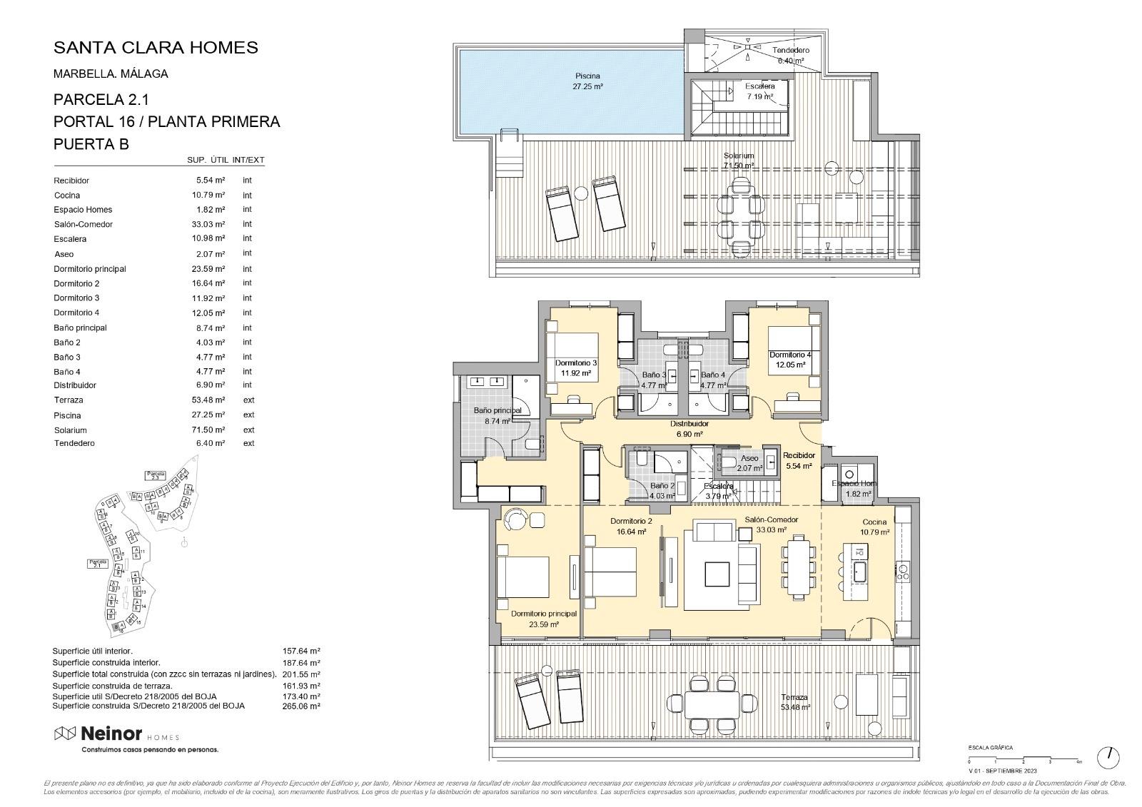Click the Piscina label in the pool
click(587, 76)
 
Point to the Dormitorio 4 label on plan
click(789, 355)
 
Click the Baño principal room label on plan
click(497, 410)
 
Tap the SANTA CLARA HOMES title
click(156, 48)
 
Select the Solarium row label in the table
click(70, 430)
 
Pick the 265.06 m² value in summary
click(301, 706)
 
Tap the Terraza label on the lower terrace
click(794, 697)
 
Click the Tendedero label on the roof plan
click(790, 51)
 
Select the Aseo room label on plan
click(749, 458)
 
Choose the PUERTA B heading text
click(91, 144)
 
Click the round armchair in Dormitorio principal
click(515, 519)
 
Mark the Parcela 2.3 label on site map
click(155, 474)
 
